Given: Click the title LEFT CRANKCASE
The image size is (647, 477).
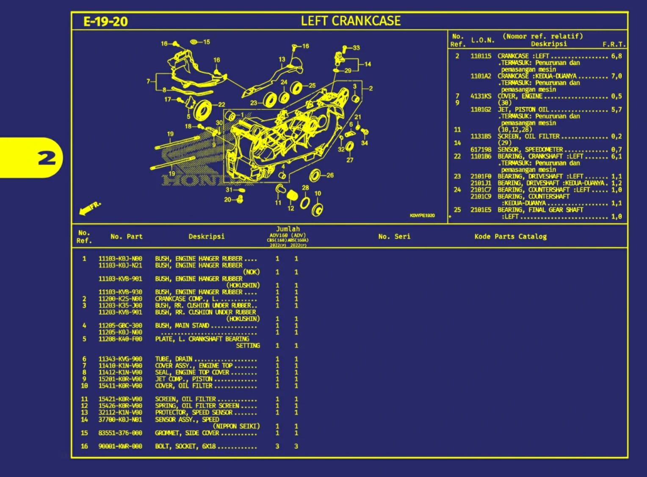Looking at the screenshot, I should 351,21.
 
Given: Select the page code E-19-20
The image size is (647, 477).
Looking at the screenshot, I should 105,22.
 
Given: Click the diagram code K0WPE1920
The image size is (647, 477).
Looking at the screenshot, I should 422,215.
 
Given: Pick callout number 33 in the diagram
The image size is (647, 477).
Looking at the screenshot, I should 356,48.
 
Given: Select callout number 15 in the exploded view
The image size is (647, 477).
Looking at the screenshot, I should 206,42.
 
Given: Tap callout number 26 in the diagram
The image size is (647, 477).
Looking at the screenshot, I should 330,175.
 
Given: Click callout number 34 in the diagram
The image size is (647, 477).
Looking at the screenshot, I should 364,143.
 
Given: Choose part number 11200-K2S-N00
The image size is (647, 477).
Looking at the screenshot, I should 120,299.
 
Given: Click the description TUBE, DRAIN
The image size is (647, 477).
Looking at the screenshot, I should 174,359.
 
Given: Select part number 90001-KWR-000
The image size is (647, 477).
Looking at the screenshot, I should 120,446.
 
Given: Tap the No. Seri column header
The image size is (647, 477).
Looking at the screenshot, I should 394,237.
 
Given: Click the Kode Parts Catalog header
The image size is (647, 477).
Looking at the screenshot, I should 510,237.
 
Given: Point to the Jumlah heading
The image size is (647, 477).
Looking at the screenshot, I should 288,229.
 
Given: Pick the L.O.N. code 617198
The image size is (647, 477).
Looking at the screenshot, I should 481,149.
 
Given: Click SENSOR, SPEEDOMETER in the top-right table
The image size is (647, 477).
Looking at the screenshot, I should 530,149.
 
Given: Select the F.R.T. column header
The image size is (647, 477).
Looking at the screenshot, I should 614,44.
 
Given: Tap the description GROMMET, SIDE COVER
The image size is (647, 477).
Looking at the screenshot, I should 187,433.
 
